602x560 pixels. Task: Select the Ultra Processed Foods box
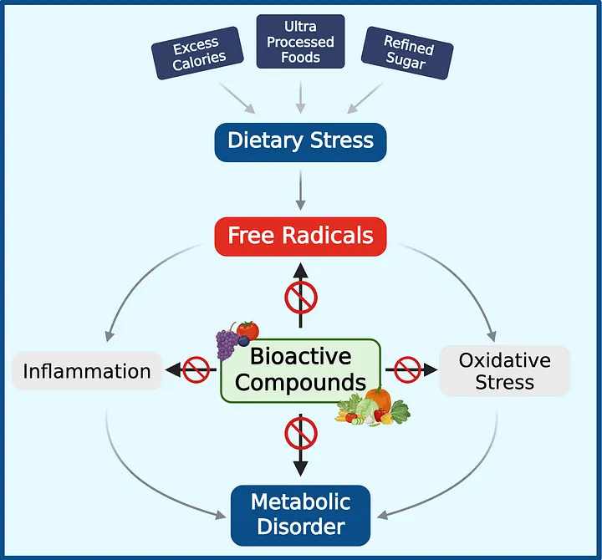click(x=300, y=42)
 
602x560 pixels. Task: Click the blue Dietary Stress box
click(x=300, y=140)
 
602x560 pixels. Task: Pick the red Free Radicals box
click(x=300, y=235)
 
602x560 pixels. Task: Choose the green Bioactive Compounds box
click(x=300, y=369)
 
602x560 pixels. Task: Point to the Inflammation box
click(x=86, y=370)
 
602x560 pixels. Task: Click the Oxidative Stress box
click(x=504, y=371)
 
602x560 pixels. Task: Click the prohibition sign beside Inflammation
click(x=196, y=369)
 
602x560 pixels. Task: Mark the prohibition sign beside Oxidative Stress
click(x=406, y=369)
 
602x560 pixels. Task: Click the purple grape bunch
click(x=227, y=343)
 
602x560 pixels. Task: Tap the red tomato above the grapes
click(x=247, y=328)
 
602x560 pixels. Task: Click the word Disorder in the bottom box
click(x=300, y=527)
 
